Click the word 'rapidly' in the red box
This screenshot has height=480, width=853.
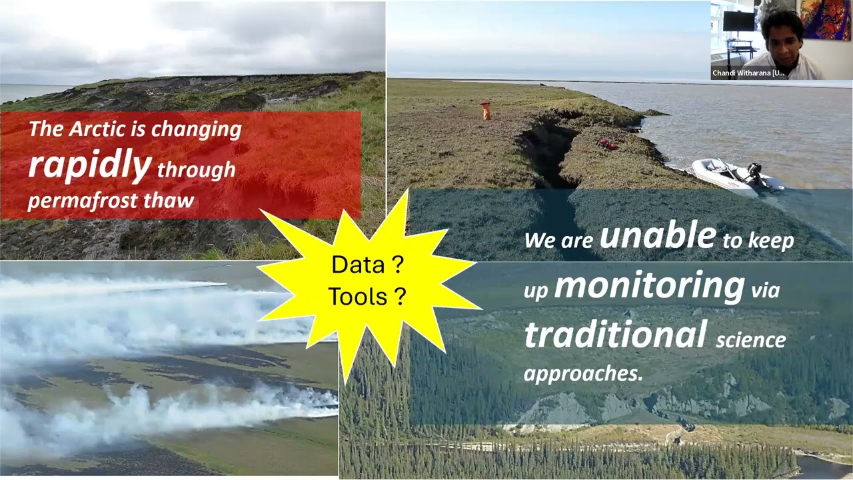coord(89,165)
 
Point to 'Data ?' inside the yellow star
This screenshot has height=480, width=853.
coord(367,265)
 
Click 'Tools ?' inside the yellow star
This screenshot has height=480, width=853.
coord(367,297)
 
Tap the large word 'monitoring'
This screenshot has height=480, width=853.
coord(648,285)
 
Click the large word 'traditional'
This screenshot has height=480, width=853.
coord(614,334)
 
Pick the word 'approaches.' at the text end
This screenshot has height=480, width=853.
coord(583,373)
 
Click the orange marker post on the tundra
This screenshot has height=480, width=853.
coord(485,110)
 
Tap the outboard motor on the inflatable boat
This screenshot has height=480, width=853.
coord(756,173)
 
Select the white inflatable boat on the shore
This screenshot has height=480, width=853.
coord(726,175)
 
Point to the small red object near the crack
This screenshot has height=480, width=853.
coord(607,143)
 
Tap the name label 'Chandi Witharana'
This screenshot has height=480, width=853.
coord(748,73)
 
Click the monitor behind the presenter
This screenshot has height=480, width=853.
coord(739,21)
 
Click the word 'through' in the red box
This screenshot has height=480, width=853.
coord(196,169)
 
